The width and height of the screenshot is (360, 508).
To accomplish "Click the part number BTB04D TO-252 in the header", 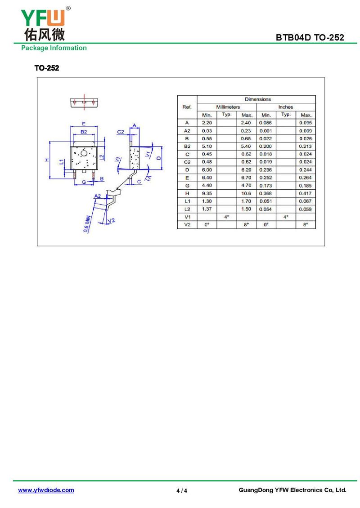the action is coord(310,37).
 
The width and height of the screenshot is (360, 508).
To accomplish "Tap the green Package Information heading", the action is coord(54,48).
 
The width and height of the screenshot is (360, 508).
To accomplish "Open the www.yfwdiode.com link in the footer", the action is coord(46,490).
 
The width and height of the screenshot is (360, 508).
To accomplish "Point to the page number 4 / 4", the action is coord(182,490).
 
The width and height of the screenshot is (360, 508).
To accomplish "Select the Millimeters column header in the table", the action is coord(228,107).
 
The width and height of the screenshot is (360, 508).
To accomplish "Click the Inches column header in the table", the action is coord(285,107).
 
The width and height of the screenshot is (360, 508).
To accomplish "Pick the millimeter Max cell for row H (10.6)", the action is coord(246,193).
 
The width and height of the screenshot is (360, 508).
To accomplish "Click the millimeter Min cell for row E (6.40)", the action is coord(207,178).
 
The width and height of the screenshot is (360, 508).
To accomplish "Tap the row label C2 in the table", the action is coord(187,162).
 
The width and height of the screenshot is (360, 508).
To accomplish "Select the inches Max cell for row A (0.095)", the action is coord(306,123).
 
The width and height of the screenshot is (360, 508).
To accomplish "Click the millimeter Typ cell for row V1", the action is coord(227,217).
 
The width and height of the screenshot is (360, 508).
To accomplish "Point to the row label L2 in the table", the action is coord(187,209).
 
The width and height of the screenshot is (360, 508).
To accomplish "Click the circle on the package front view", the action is coord(84,153).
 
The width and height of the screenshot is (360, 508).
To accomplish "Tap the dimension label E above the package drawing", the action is coord(84,124).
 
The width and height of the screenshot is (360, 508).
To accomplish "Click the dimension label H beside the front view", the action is coord(47,160).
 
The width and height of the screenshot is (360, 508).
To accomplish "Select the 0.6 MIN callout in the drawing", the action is coord(86,224).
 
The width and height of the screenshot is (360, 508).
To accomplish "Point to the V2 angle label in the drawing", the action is coord(111,221).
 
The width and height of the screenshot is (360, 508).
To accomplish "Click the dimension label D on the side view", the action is coord(158,158).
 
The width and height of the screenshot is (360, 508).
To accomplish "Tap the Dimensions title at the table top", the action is coord(258,99).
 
